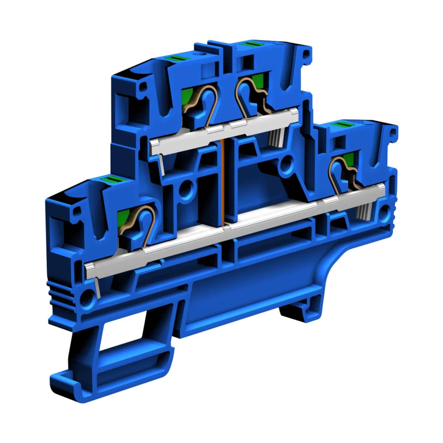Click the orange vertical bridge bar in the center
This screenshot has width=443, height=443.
224,182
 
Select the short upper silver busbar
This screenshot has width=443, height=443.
225,130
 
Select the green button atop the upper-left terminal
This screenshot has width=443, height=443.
177,58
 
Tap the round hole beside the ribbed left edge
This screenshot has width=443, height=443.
87,297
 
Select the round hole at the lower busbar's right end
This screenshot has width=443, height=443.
385,212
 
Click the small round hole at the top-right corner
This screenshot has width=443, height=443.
306,55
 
